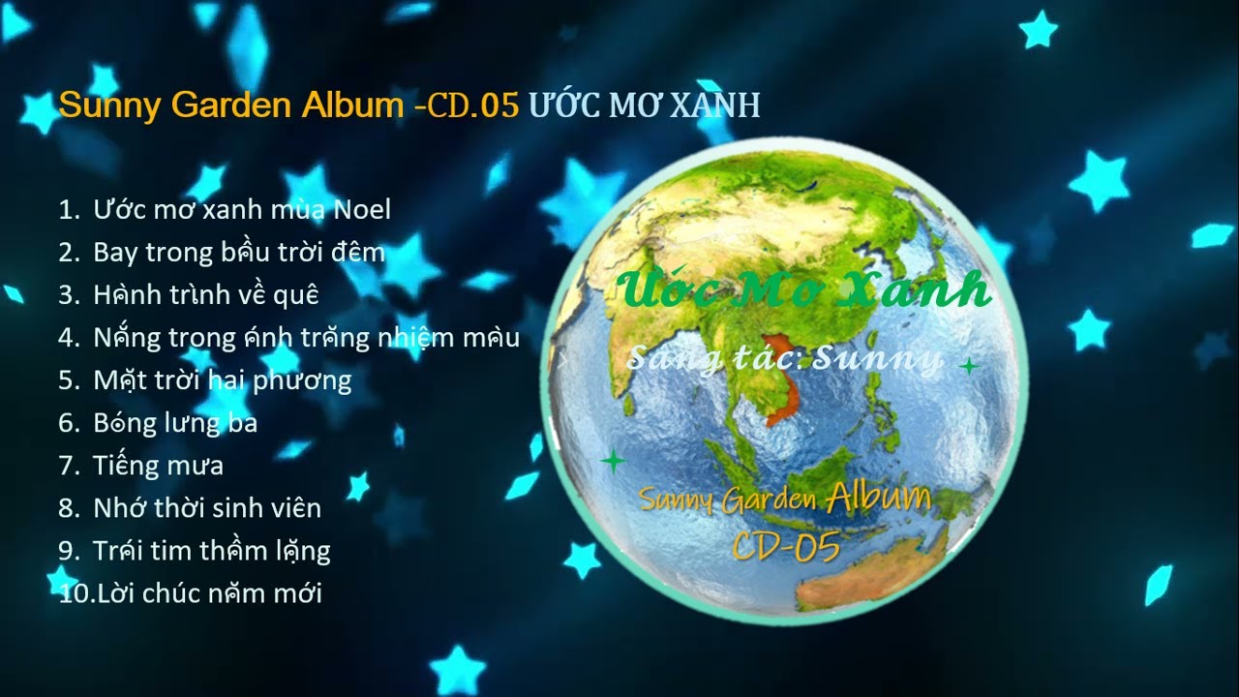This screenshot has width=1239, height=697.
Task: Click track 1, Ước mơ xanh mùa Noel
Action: click(242, 209)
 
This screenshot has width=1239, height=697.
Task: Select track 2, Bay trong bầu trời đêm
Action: click(239, 253)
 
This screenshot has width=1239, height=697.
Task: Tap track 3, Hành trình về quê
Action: click(205, 294)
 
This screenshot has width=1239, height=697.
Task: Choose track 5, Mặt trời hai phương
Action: click(222, 379)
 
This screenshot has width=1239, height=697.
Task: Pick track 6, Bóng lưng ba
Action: click(175, 423)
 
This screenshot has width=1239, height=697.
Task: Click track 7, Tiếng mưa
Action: click(158, 466)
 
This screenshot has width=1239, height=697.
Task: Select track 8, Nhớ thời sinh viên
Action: click(207, 508)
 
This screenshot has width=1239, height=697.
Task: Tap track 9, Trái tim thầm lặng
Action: click(211, 551)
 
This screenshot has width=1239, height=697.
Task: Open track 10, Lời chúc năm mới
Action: click(207, 593)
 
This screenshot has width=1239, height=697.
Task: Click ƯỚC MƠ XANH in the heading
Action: click(644, 106)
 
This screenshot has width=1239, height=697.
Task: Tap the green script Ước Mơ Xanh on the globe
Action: click(803, 288)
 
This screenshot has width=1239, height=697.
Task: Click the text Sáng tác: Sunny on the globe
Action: click(784, 359)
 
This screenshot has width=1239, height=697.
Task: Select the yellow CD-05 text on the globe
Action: click(786, 547)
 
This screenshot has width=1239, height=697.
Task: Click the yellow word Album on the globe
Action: click(879, 499)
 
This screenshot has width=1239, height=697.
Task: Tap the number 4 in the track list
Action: click(67, 338)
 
